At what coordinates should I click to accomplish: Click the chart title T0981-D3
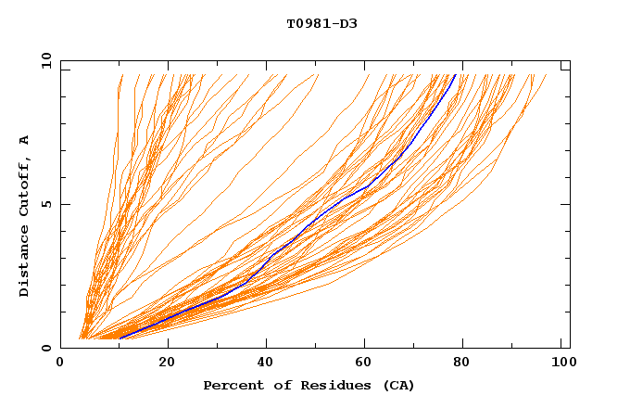(x=321, y=24)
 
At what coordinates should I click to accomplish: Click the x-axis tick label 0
(x=60, y=363)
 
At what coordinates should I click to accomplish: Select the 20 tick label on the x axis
(x=167, y=363)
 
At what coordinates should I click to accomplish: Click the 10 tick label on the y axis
(x=45, y=60)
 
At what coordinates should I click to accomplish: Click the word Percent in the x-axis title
(x=230, y=385)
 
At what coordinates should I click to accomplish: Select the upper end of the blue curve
(x=455, y=75)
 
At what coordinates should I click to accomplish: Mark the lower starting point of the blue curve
(x=120, y=338)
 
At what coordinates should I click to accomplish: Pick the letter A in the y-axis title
(x=24, y=139)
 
